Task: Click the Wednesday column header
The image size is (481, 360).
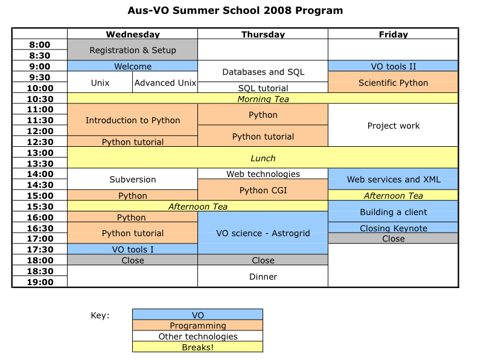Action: [133, 34]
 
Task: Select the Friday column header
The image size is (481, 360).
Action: [393, 34]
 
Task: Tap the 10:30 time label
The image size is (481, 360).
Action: [40, 99]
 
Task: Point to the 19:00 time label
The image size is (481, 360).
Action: [40, 281]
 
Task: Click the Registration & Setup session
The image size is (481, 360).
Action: [133, 50]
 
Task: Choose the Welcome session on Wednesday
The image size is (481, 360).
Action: [133, 66]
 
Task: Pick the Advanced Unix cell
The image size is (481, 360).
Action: [165, 82]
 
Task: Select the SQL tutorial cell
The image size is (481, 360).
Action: [263, 88]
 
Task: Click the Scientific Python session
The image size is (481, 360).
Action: [393, 82]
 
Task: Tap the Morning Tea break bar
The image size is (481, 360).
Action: [263, 98]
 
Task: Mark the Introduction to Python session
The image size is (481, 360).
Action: [133, 120]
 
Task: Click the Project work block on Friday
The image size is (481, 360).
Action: [393, 125]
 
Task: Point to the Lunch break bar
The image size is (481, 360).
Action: [263, 158]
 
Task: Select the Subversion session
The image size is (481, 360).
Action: [133, 179]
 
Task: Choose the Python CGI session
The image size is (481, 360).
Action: [263, 190]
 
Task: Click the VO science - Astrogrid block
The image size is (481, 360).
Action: [263, 233]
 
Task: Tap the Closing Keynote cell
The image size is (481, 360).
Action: [393, 228]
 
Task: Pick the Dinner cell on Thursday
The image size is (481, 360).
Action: [263, 276]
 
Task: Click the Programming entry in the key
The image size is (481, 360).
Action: [198, 326]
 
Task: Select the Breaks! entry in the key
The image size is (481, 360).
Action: [198, 347]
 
